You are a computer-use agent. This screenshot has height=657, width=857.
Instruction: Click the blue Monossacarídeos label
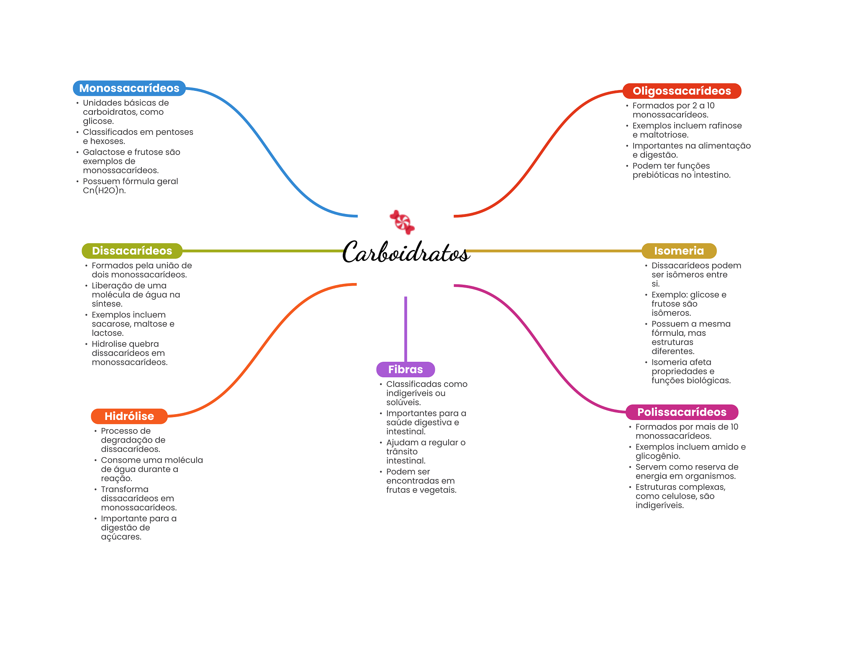click(129, 88)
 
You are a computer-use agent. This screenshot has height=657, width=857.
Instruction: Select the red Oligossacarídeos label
click(681, 91)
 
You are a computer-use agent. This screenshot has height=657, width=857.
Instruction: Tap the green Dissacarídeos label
click(132, 251)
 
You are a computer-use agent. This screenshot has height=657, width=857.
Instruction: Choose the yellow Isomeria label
click(679, 251)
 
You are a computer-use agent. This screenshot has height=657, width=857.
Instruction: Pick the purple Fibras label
click(405, 369)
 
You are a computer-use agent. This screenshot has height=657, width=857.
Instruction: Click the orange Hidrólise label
click(129, 416)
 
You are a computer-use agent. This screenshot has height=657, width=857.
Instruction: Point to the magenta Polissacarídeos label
click(681, 412)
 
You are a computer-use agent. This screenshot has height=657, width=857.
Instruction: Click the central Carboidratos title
click(405, 252)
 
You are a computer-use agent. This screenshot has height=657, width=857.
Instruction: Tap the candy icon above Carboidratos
click(402, 222)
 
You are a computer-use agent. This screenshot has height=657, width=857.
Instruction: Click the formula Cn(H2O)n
click(104, 191)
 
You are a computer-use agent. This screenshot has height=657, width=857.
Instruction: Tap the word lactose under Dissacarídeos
click(108, 333)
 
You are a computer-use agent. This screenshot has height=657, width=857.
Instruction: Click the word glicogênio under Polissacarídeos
click(657, 456)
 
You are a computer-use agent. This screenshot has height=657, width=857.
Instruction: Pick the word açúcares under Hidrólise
click(121, 537)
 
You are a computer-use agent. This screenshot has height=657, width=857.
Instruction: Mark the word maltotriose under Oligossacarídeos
click(664, 135)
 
